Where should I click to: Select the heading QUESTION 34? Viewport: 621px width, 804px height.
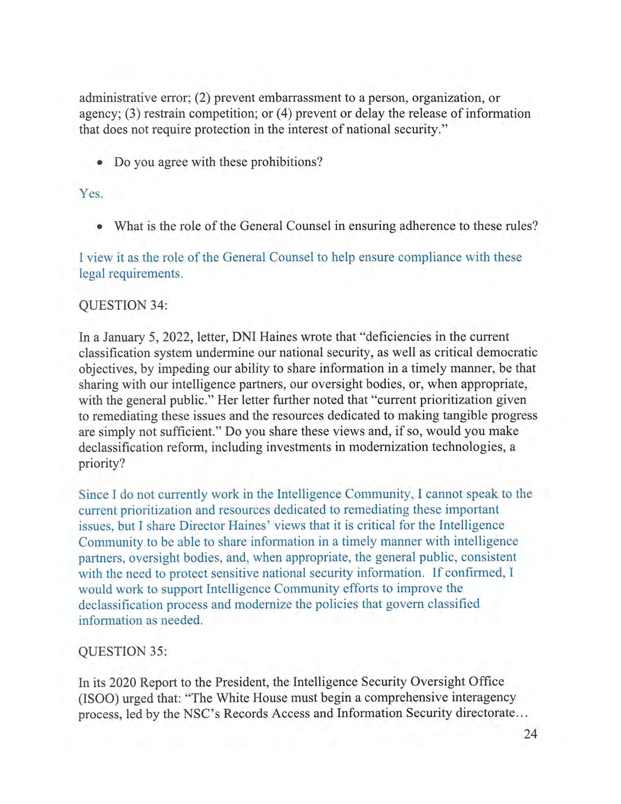[123, 305]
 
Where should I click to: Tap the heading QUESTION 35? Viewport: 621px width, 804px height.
[123, 651]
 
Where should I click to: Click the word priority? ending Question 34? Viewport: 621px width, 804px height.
[102, 463]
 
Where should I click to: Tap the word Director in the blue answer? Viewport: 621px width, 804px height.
[202, 526]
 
